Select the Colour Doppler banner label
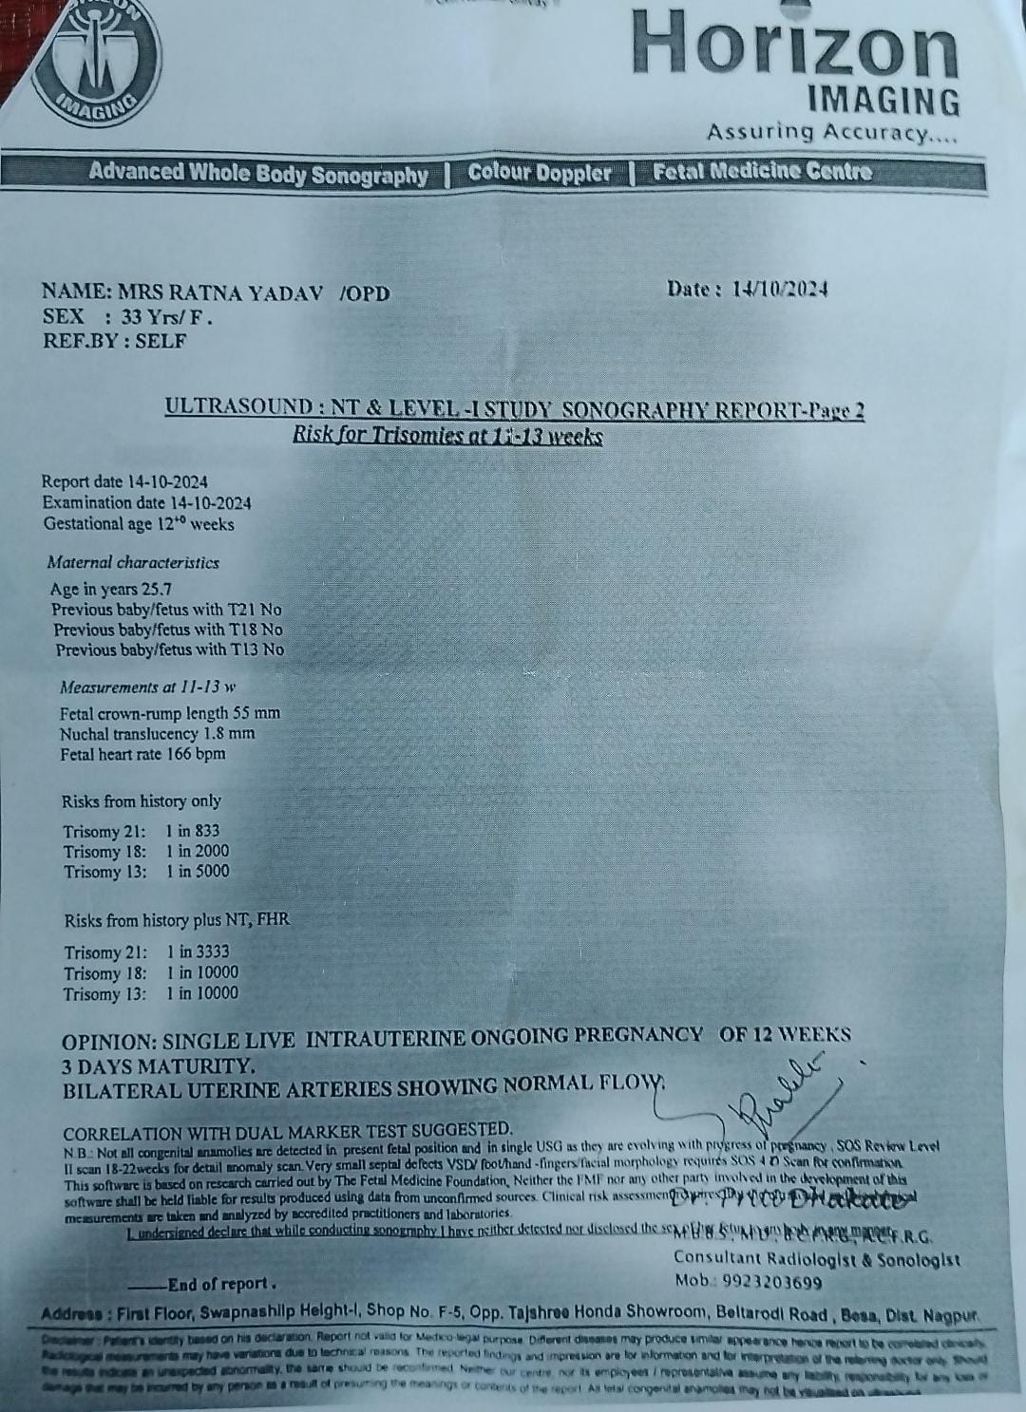540,174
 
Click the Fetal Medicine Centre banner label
762,172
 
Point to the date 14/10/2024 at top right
780,290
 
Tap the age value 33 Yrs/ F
167,317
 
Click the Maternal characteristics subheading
133,562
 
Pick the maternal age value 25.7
157,589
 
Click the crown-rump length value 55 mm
256,712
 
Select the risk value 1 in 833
193,831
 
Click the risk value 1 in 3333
198,951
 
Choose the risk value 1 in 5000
197,871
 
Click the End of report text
222,1284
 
